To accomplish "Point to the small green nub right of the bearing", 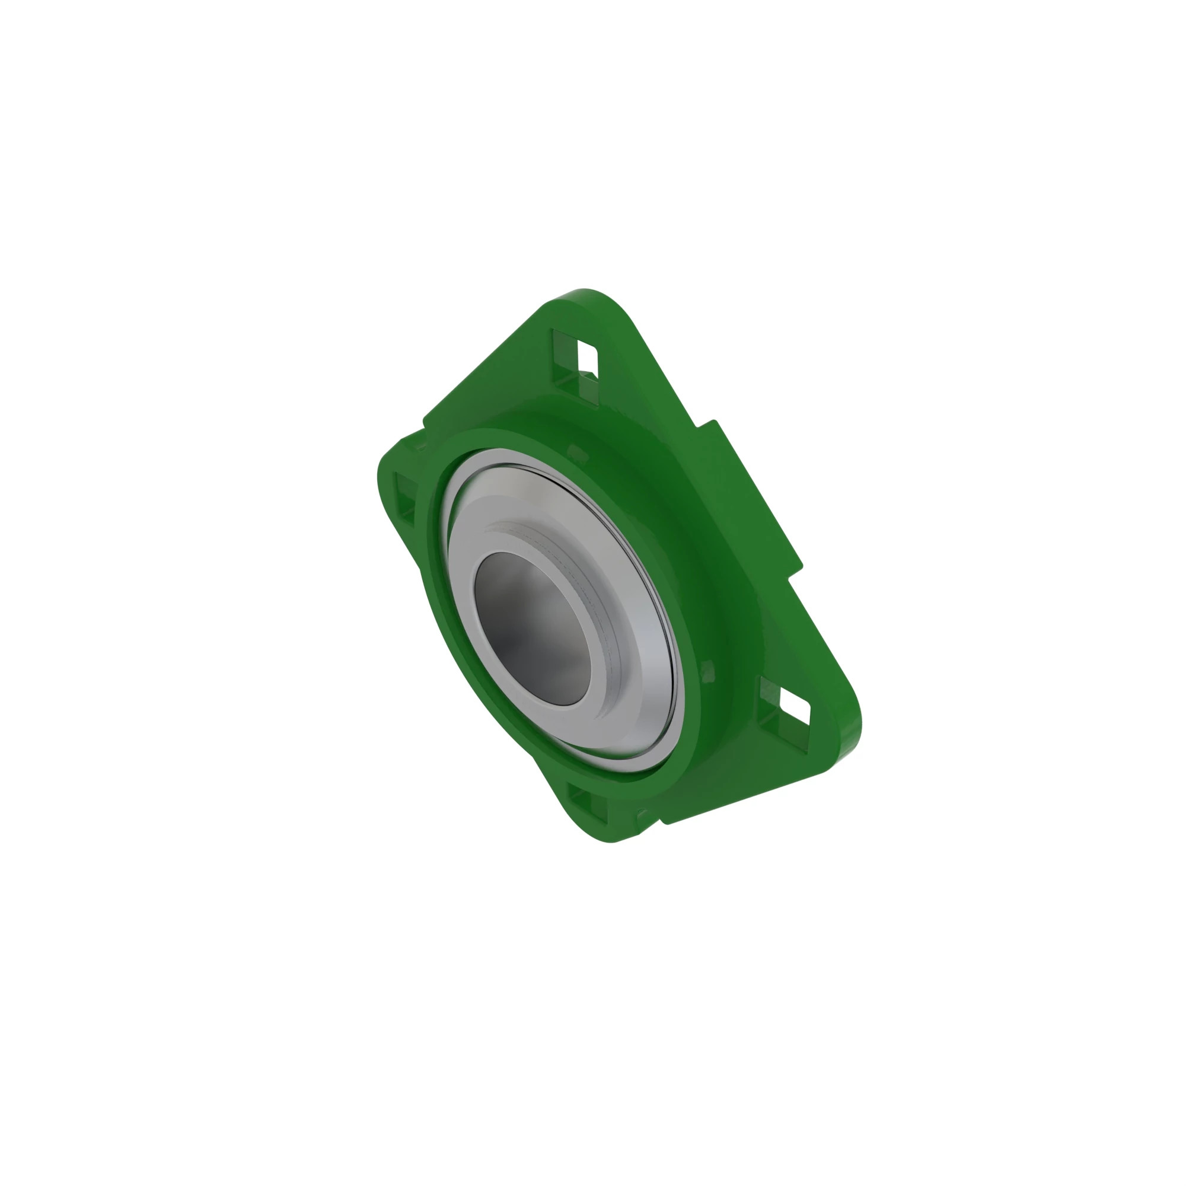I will (707, 671).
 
